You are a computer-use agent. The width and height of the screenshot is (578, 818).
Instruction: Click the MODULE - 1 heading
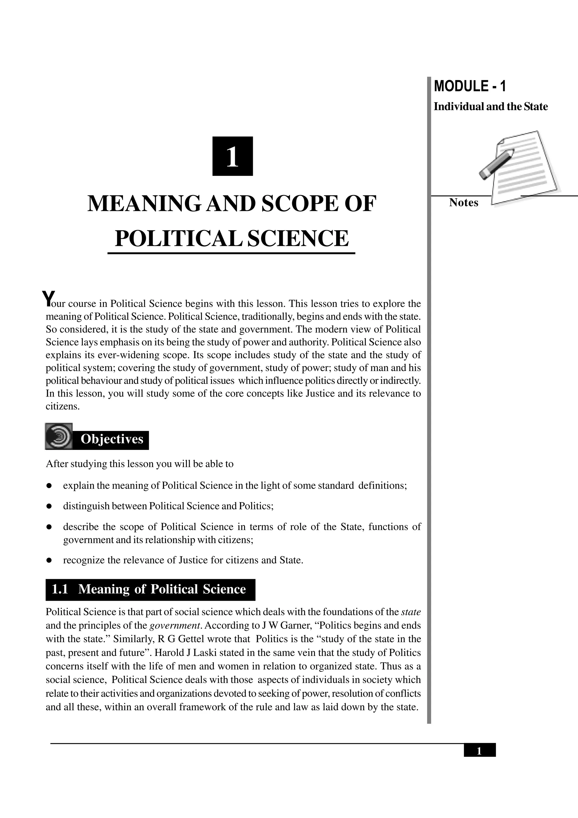[x=469, y=87]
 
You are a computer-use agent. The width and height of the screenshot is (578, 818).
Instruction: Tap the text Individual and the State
[x=491, y=106]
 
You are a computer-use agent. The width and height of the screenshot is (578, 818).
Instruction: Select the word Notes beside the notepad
[x=463, y=202]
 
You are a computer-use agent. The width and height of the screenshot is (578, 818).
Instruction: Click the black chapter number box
[x=232, y=156]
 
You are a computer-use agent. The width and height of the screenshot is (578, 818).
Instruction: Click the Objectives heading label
[x=111, y=439]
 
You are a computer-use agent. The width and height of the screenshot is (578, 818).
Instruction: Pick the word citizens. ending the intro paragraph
[x=62, y=406]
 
